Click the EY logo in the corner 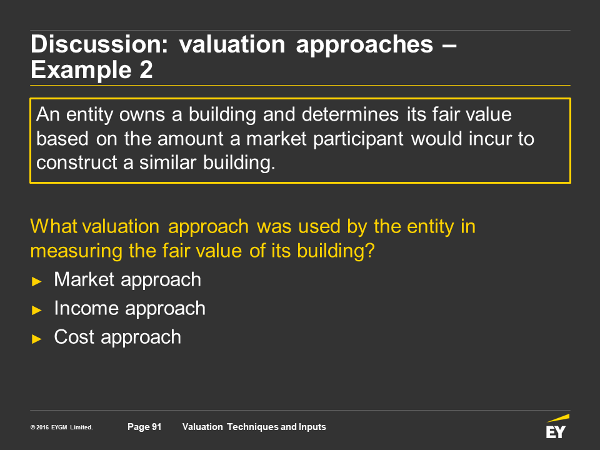[557, 426]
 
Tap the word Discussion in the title [99, 44]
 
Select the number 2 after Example [146, 69]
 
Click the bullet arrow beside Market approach [37, 282]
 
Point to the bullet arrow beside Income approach [37, 310]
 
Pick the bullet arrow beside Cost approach [37, 339]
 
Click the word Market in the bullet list [84, 279]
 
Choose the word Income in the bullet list [86, 308]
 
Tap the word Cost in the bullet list [74, 337]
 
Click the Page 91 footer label [144, 427]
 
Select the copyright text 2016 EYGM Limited [62, 427]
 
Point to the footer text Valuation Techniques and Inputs [254, 427]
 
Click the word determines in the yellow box [350, 114]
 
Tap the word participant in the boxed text [358, 139]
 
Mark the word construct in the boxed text [77, 162]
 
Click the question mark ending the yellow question [369, 251]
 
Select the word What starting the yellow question [54, 226]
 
